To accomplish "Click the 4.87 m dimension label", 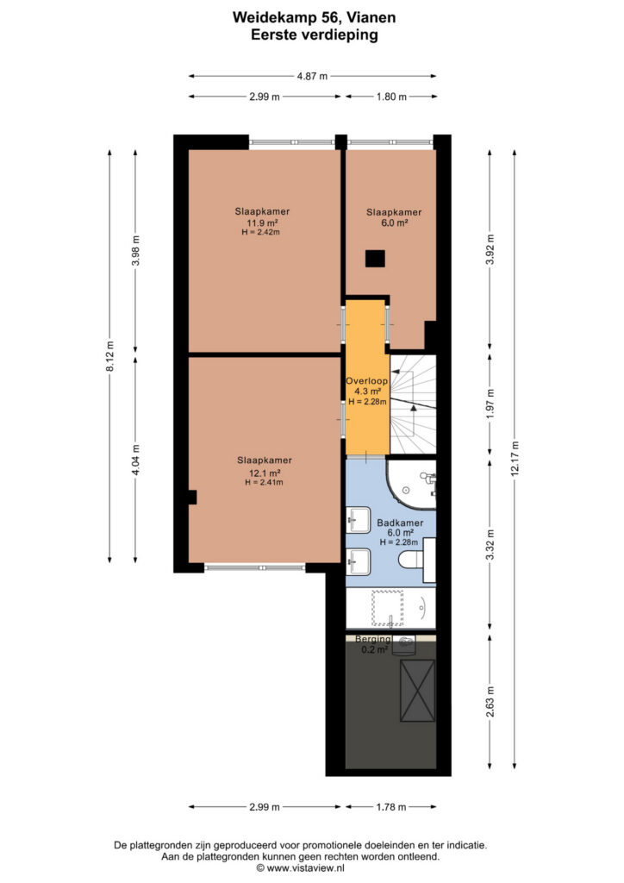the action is pyautogui.click(x=312, y=76).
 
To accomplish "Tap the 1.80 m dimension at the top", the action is pyautogui.click(x=391, y=97).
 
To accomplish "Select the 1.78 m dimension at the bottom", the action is pyautogui.click(x=391, y=807).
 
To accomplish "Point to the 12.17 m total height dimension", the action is pyautogui.click(x=515, y=459).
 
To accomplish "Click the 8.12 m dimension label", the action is pyautogui.click(x=110, y=356).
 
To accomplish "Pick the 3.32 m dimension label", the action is pyautogui.click(x=490, y=545).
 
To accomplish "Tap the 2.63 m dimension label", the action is pyautogui.click(x=490, y=702).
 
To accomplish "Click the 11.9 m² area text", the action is pyautogui.click(x=262, y=222).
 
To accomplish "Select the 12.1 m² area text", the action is pyautogui.click(x=265, y=473).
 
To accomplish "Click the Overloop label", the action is pyautogui.click(x=367, y=381).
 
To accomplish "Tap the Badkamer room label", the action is pyautogui.click(x=400, y=523).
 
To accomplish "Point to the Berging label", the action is pyautogui.click(x=373, y=639).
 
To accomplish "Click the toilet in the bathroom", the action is pyautogui.click(x=411, y=560).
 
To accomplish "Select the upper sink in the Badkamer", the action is pyautogui.click(x=359, y=519).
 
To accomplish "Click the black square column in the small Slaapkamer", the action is pyautogui.click(x=375, y=259).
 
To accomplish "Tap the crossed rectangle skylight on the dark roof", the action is pyautogui.click(x=417, y=691).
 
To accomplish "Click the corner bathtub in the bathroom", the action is pyautogui.click(x=411, y=483).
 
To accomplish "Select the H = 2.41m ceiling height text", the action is pyautogui.click(x=264, y=483).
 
